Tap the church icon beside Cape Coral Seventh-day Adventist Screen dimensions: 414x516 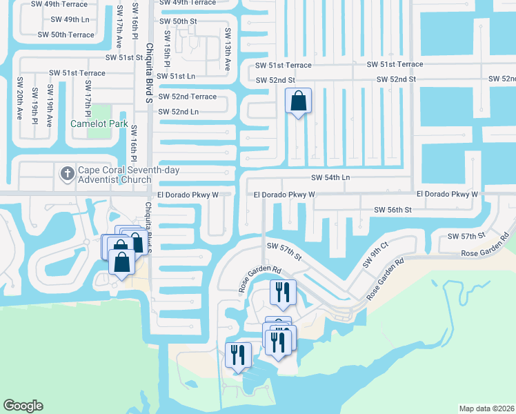pyautogui.click(x=67, y=173)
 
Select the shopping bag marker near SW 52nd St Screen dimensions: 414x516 pyautogui.click(x=298, y=102)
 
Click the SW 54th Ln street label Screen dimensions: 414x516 pyautogui.click(x=330, y=178)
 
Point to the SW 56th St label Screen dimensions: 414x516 pyautogui.click(x=393, y=209)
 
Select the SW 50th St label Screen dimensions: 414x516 pyautogui.click(x=178, y=21)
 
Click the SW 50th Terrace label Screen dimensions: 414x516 pyautogui.click(x=66, y=34)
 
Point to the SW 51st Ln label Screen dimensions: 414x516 pyautogui.click(x=176, y=77)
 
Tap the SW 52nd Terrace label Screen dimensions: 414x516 pyautogui.click(x=187, y=97)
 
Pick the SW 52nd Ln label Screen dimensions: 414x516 pyautogui.click(x=178, y=112)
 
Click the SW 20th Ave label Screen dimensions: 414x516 pyautogui.click(x=19, y=97)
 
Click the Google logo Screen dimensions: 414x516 pyautogui.click(x=23, y=406)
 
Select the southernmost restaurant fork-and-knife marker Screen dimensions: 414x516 pyautogui.click(x=238, y=356)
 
